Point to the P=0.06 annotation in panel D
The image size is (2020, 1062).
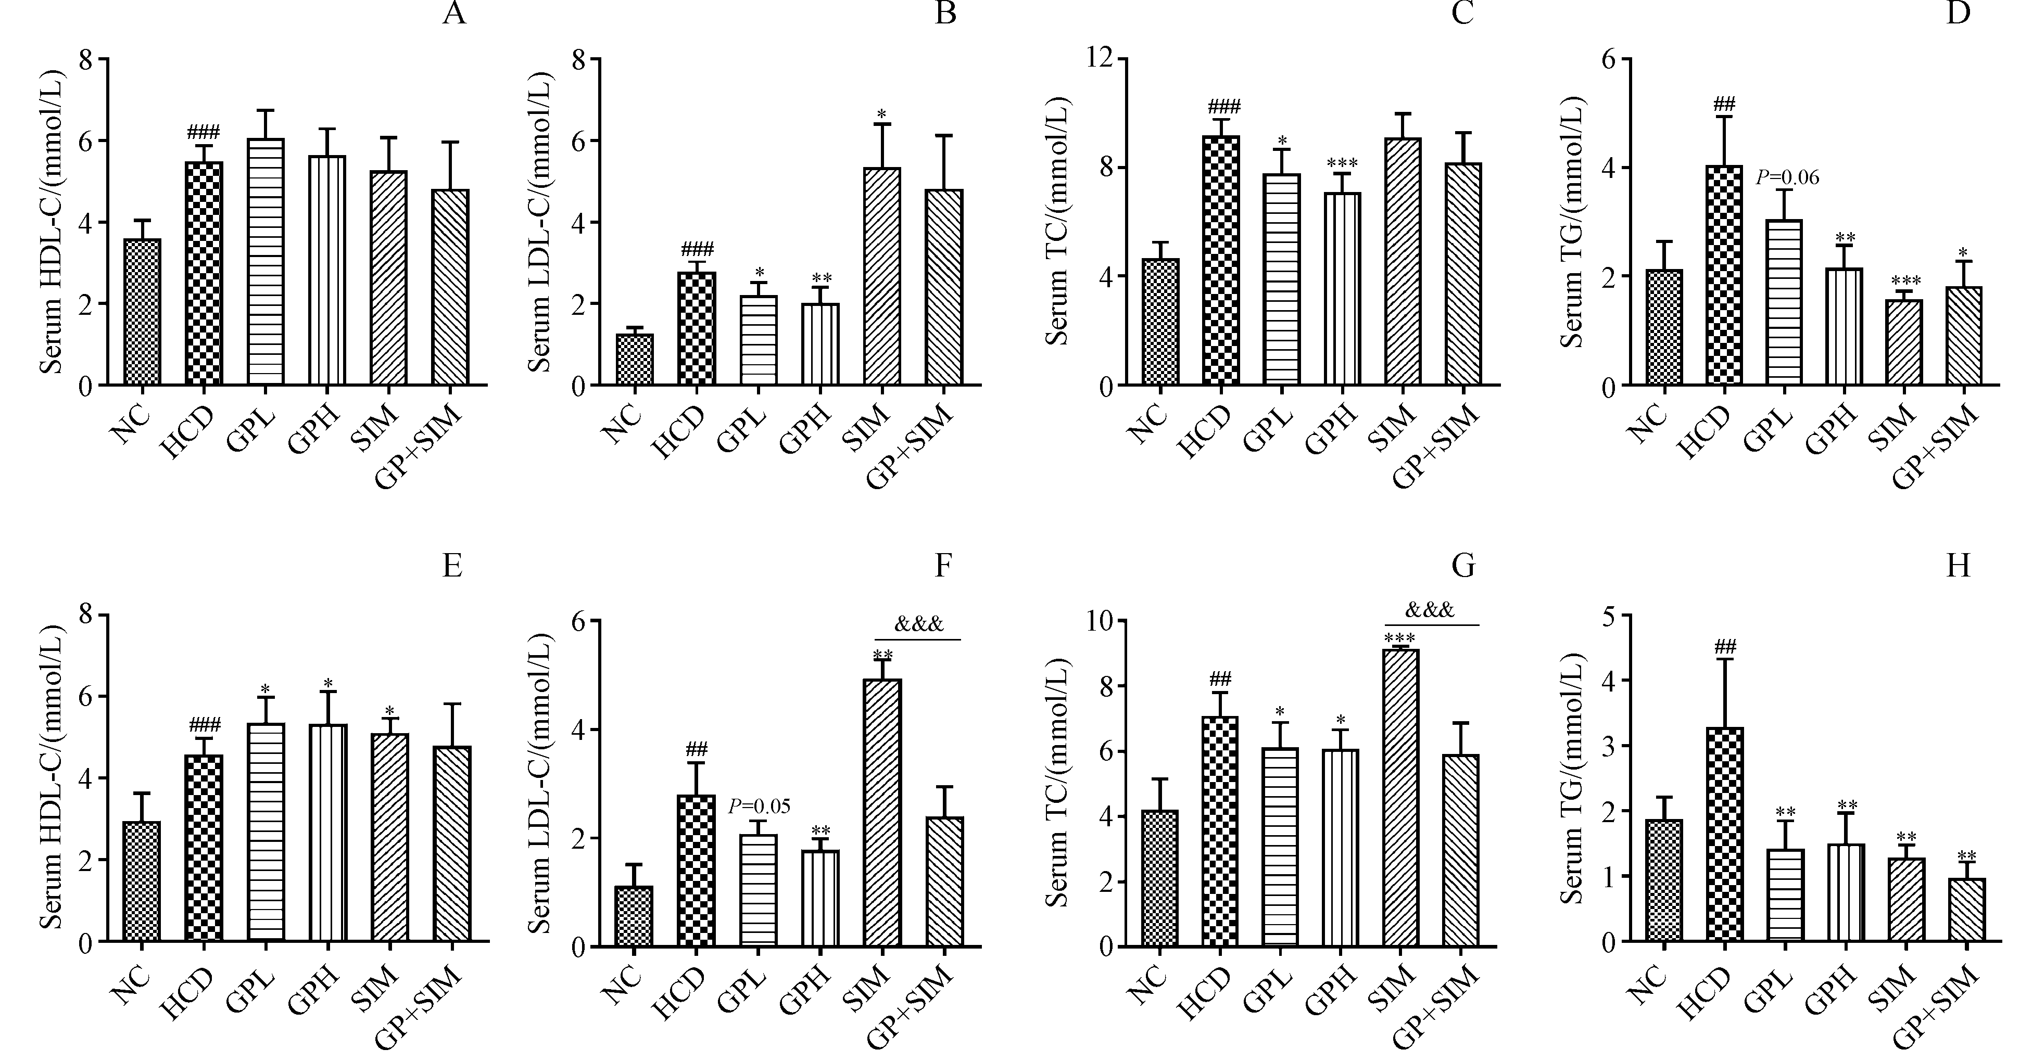pyautogui.click(x=1787, y=178)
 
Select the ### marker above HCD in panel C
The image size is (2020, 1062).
pyautogui.click(x=1224, y=107)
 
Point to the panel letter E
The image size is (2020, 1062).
pyautogui.click(x=452, y=566)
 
